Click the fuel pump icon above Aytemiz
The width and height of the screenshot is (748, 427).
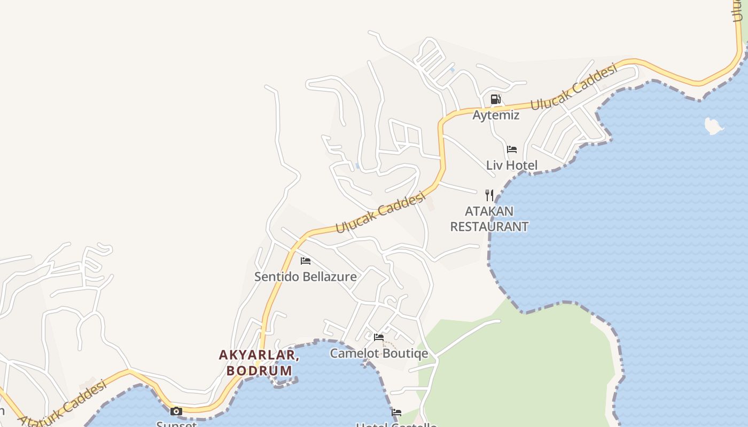click(x=495, y=99)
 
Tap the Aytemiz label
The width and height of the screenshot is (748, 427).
click(x=496, y=115)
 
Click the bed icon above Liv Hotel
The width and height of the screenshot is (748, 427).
click(x=512, y=149)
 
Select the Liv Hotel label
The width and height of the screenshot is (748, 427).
click(x=512, y=165)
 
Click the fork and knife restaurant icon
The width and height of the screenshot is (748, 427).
click(x=489, y=195)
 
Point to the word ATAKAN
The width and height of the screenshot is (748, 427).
click(x=489, y=211)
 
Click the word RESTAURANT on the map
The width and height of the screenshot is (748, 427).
click(x=489, y=226)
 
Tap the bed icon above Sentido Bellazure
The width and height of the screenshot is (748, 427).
click(x=306, y=261)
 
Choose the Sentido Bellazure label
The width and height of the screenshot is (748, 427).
click(x=306, y=276)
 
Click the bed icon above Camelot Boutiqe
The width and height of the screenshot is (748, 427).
click(x=379, y=337)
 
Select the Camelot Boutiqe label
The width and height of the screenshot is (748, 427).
click(x=379, y=353)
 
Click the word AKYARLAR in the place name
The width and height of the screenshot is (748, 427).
click(x=258, y=355)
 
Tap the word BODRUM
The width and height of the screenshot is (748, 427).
click(x=259, y=370)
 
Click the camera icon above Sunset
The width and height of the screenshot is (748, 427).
click(x=176, y=411)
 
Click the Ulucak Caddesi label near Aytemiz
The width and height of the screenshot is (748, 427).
click(x=574, y=86)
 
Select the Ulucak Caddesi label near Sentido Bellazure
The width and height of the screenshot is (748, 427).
click(x=380, y=213)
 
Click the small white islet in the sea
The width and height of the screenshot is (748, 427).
click(x=713, y=126)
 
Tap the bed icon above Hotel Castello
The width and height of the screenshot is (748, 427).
click(x=396, y=413)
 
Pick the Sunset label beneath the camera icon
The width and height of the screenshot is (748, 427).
click(x=176, y=424)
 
